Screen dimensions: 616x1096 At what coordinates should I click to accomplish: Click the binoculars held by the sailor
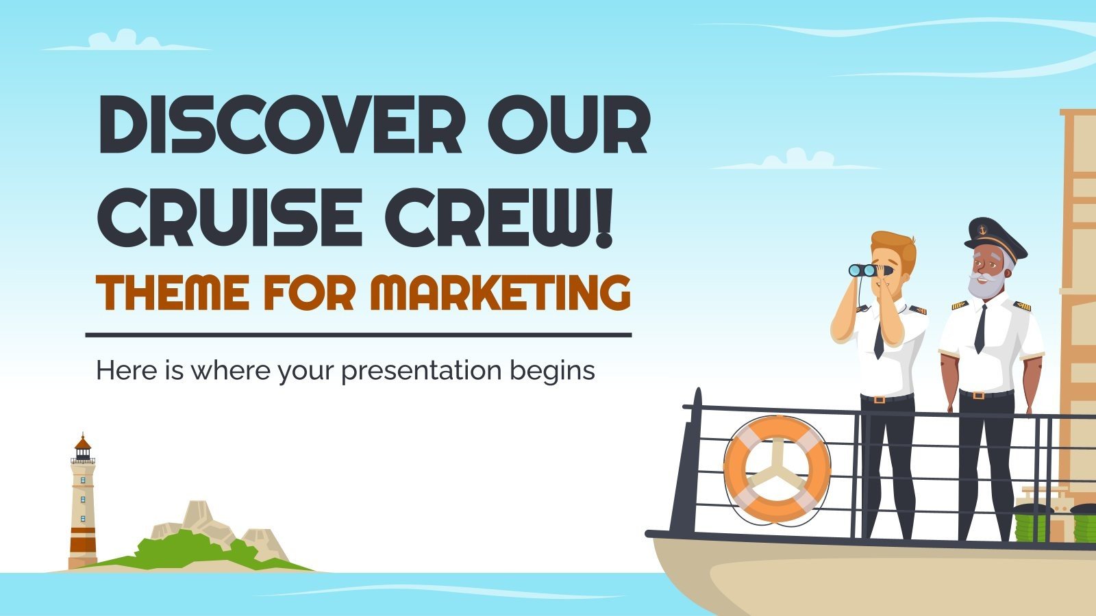coord(864,270)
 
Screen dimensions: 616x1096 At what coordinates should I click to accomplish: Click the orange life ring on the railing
coord(777,468)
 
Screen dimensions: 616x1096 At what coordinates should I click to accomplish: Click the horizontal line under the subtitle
coord(358,335)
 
